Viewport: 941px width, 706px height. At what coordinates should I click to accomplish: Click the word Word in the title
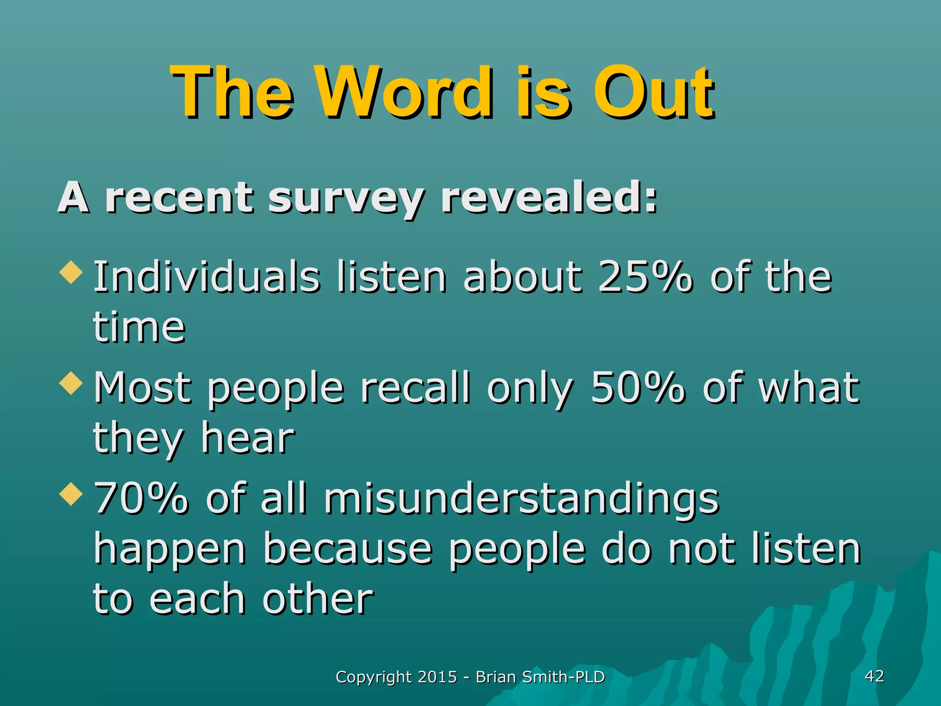(x=408, y=92)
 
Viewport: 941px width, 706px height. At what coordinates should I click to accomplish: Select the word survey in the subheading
(x=346, y=199)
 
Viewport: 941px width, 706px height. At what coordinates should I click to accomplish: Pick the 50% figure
(x=637, y=387)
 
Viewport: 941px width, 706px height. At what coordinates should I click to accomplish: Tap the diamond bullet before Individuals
(x=71, y=272)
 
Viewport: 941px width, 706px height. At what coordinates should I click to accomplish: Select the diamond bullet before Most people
(x=71, y=382)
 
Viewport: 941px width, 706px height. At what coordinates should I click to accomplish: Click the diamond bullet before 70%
(x=71, y=494)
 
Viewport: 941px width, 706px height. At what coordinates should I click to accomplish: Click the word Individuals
(x=206, y=277)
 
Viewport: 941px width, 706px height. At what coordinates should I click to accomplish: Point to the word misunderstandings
(x=521, y=499)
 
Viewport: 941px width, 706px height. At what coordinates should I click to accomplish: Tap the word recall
(x=415, y=387)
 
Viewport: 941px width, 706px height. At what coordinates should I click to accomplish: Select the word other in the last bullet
(x=317, y=599)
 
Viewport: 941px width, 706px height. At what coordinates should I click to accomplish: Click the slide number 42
(x=874, y=676)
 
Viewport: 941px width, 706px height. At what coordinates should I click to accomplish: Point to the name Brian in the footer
(x=496, y=677)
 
